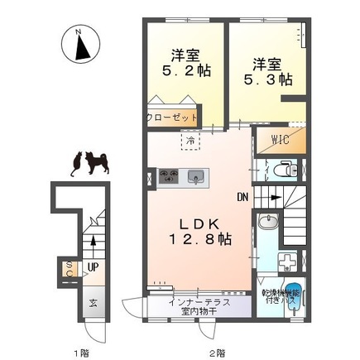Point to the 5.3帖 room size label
coord(270,79)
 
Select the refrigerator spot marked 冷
coord(190,142)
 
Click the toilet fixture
coord(286,170)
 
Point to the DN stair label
coord(242,198)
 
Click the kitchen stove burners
coord(168,175)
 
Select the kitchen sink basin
coord(196,175)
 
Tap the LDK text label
coord(198,223)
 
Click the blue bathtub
coord(297,295)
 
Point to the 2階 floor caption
coord(217,353)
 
